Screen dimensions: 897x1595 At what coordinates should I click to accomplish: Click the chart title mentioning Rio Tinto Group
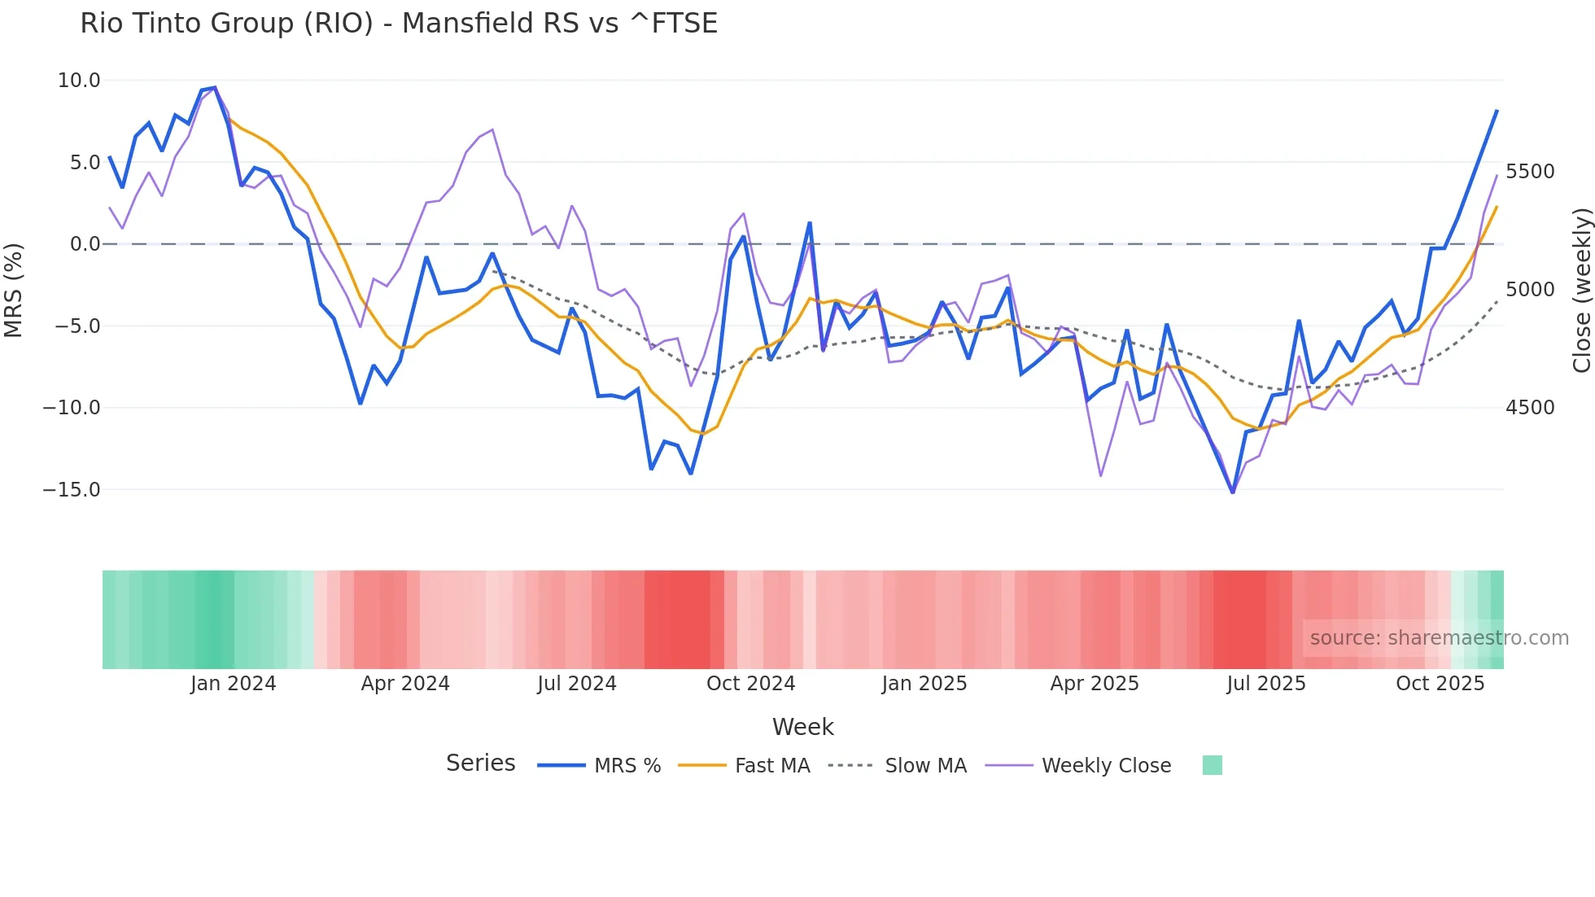[x=399, y=24]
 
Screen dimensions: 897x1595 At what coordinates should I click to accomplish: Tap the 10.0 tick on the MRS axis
[x=79, y=81]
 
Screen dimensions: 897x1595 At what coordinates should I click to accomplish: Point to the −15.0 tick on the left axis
[x=72, y=490]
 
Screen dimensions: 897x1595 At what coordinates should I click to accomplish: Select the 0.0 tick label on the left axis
[x=85, y=244]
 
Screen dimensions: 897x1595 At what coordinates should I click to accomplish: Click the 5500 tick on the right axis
[x=1530, y=172]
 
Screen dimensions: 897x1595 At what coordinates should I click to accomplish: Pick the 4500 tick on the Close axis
[x=1530, y=408]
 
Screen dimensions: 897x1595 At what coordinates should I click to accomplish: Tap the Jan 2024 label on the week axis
[x=234, y=684]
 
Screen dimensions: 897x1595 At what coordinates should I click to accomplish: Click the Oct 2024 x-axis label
[x=750, y=684]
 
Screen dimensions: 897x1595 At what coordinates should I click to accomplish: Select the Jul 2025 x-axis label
[x=1266, y=684]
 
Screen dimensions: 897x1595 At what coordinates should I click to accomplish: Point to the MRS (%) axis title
[x=14, y=290]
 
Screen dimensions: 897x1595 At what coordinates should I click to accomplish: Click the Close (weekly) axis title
[x=1581, y=291]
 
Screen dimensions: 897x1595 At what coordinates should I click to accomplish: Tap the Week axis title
[x=802, y=727]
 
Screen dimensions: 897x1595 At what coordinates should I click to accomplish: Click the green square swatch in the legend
[x=1212, y=765]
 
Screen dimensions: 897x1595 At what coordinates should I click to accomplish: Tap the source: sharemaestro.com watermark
[x=1439, y=638]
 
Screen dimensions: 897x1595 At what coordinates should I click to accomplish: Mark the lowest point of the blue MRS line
[x=1233, y=492]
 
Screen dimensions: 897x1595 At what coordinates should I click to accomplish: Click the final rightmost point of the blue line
[x=1497, y=111]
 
